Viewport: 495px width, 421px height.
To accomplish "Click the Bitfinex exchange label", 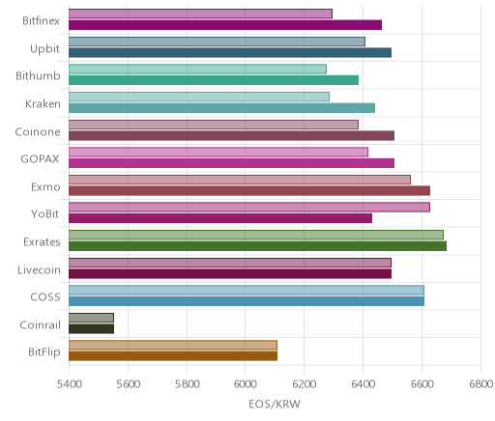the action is click(41, 21).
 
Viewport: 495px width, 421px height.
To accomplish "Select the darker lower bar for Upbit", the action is click(230, 52).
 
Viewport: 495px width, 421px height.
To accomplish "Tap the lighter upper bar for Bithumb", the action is click(197, 69).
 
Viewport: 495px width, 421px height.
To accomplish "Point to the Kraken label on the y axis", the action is click(43, 104).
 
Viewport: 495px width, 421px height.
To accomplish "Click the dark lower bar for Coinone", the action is click(231, 135).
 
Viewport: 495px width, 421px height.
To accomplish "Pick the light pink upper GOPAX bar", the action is click(218, 152).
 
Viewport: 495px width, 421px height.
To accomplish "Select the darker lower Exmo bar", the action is click(249, 190).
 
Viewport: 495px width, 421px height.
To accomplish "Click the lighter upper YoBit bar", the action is click(249, 207).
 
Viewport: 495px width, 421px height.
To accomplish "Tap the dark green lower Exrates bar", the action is click(257, 246).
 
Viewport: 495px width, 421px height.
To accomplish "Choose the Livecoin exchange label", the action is click(39, 269).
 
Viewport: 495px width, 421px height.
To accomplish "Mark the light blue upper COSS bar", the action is click(247, 290).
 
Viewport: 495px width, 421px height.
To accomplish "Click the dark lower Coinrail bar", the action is click(91, 328).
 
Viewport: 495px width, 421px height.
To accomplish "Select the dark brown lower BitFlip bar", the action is click(173, 356).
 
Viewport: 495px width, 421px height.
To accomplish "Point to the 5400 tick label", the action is click(69, 384).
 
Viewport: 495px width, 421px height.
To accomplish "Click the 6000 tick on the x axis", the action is click(245, 384).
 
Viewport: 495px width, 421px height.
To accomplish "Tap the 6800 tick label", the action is click(480, 384).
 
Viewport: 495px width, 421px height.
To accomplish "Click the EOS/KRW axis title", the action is click(275, 404).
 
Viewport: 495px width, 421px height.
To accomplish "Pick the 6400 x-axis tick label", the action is click(363, 384).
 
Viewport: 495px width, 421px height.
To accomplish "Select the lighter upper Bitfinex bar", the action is click(200, 14).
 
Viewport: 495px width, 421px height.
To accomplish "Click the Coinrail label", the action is click(40, 324).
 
